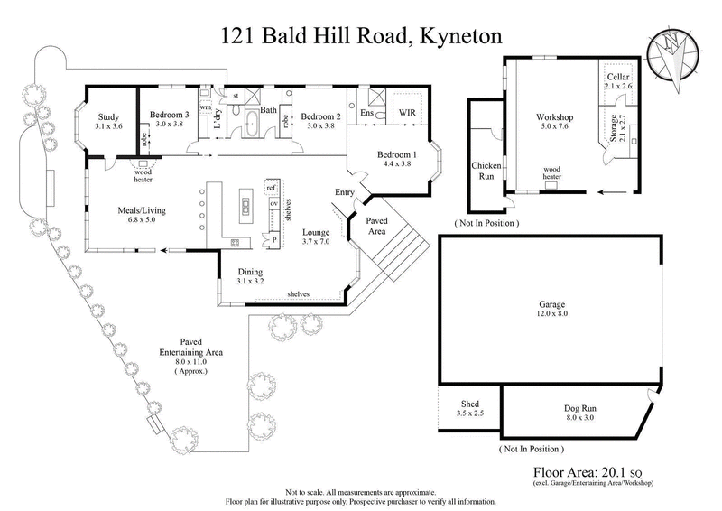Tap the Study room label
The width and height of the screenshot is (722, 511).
point(107,116)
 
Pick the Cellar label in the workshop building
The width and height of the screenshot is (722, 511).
point(617,79)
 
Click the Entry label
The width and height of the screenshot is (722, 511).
point(345,192)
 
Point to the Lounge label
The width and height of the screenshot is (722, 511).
point(318,231)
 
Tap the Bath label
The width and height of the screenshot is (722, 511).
point(268,110)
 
